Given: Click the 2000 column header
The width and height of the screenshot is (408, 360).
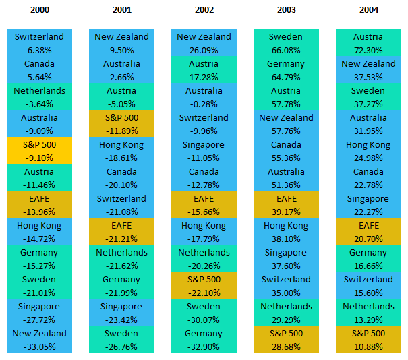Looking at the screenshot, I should point(40,10).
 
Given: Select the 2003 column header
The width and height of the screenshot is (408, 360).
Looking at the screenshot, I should point(285,10).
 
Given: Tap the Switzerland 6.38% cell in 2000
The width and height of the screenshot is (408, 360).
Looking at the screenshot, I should point(40,43).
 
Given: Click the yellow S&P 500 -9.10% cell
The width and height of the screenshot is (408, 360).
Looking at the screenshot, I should point(40,151).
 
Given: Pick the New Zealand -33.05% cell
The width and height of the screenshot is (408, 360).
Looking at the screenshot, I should point(40,340).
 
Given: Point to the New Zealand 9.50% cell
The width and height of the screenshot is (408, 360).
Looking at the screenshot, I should point(122,43).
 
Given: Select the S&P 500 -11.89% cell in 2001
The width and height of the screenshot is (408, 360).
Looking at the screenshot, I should point(122,124).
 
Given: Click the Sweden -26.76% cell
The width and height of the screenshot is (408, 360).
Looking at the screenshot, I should point(122,340).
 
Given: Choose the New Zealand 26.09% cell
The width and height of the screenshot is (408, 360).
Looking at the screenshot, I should point(204,43).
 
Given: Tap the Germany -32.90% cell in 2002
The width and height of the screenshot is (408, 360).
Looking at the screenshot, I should point(204,340).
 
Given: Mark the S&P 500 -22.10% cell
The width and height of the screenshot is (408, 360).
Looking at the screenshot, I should point(204,286).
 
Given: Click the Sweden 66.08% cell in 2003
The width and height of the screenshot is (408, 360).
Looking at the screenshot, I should point(285,43).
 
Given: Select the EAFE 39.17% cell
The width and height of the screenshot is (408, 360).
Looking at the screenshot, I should point(285,205).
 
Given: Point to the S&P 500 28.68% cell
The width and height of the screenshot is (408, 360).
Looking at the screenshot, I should point(285,340).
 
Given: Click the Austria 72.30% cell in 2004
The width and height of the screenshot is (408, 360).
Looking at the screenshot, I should point(368,43).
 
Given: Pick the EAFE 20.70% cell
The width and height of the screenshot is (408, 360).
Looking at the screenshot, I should point(368,232).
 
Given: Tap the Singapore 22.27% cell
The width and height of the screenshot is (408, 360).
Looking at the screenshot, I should point(368,205).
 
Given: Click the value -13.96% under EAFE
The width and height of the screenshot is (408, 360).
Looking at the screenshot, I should point(40,212).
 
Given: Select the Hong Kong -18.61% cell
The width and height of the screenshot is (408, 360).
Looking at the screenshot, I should point(122,151).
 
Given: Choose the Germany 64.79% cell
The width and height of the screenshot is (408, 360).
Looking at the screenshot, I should point(285,70).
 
